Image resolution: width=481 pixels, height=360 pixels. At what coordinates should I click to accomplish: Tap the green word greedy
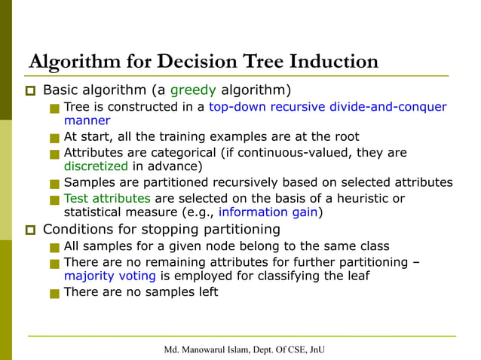194,90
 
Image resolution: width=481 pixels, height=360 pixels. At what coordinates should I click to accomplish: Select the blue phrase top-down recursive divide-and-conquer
327,107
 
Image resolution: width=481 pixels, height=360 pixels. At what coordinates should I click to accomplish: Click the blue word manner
87,121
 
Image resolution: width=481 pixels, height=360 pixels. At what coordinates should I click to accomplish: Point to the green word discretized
95,166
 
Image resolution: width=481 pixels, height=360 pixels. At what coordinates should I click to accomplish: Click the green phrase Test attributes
107,198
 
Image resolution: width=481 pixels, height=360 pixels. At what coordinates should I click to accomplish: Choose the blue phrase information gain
268,212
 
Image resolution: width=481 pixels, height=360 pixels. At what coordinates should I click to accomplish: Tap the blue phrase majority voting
110,276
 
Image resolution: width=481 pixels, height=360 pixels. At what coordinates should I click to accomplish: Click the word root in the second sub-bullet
345,136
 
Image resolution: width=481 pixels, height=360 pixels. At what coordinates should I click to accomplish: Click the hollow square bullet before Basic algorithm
31,91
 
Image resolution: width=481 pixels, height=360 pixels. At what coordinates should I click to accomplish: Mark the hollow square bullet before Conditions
31,230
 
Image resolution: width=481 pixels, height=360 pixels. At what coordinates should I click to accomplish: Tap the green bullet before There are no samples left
54,293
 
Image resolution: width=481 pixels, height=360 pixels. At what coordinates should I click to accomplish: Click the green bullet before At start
54,138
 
